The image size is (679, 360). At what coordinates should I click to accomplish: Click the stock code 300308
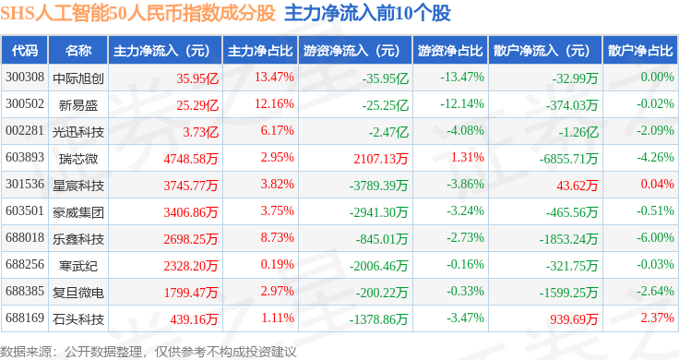(x=25, y=78)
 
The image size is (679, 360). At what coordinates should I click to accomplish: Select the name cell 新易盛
(x=78, y=105)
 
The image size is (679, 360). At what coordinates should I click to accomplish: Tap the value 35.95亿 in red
(x=197, y=78)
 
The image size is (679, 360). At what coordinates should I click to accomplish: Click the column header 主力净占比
(x=260, y=51)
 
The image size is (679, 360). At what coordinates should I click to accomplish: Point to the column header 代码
(x=25, y=51)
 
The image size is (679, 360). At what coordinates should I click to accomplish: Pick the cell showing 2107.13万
(x=381, y=159)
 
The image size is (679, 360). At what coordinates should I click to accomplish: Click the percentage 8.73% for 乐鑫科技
(x=277, y=238)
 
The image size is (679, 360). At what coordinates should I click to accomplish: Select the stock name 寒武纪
(x=78, y=266)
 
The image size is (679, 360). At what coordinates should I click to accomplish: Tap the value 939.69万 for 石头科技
(x=574, y=319)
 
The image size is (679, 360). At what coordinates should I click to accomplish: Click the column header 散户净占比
(x=640, y=51)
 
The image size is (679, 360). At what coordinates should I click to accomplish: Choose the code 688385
(x=25, y=291)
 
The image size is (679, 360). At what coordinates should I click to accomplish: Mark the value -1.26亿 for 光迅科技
(x=578, y=132)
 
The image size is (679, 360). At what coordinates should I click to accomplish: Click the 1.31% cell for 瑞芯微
(x=467, y=157)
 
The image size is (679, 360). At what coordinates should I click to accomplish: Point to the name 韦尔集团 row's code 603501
(x=25, y=211)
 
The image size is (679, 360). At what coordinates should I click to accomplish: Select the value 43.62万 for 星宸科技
(x=578, y=186)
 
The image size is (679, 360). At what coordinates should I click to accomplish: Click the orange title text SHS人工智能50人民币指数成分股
(x=137, y=14)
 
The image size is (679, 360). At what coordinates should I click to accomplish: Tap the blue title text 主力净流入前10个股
(x=368, y=14)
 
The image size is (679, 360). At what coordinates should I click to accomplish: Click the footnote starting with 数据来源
(x=149, y=352)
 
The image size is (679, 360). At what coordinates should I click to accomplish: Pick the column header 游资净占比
(x=450, y=51)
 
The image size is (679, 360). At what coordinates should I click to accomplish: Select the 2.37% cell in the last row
(x=658, y=318)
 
